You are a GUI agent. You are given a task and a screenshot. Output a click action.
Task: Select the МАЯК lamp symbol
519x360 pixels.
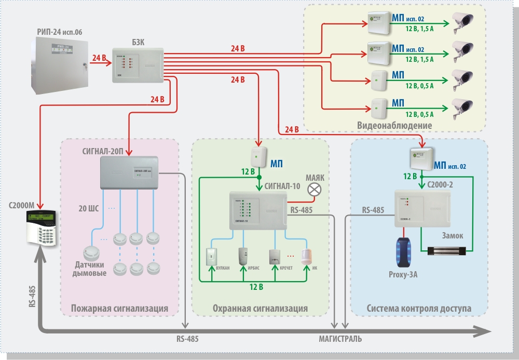pos(314,191)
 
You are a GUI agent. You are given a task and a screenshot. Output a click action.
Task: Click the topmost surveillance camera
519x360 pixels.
pos(462,21)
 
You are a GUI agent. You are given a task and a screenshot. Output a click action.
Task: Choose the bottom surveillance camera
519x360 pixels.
pos(462,107)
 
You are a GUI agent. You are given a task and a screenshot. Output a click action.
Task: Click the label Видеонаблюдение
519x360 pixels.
pos(394,126)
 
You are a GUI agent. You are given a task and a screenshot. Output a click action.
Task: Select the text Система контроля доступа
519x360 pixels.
pos(419,309)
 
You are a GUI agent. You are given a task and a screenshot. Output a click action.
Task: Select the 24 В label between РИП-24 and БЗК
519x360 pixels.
pos(99,58)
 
